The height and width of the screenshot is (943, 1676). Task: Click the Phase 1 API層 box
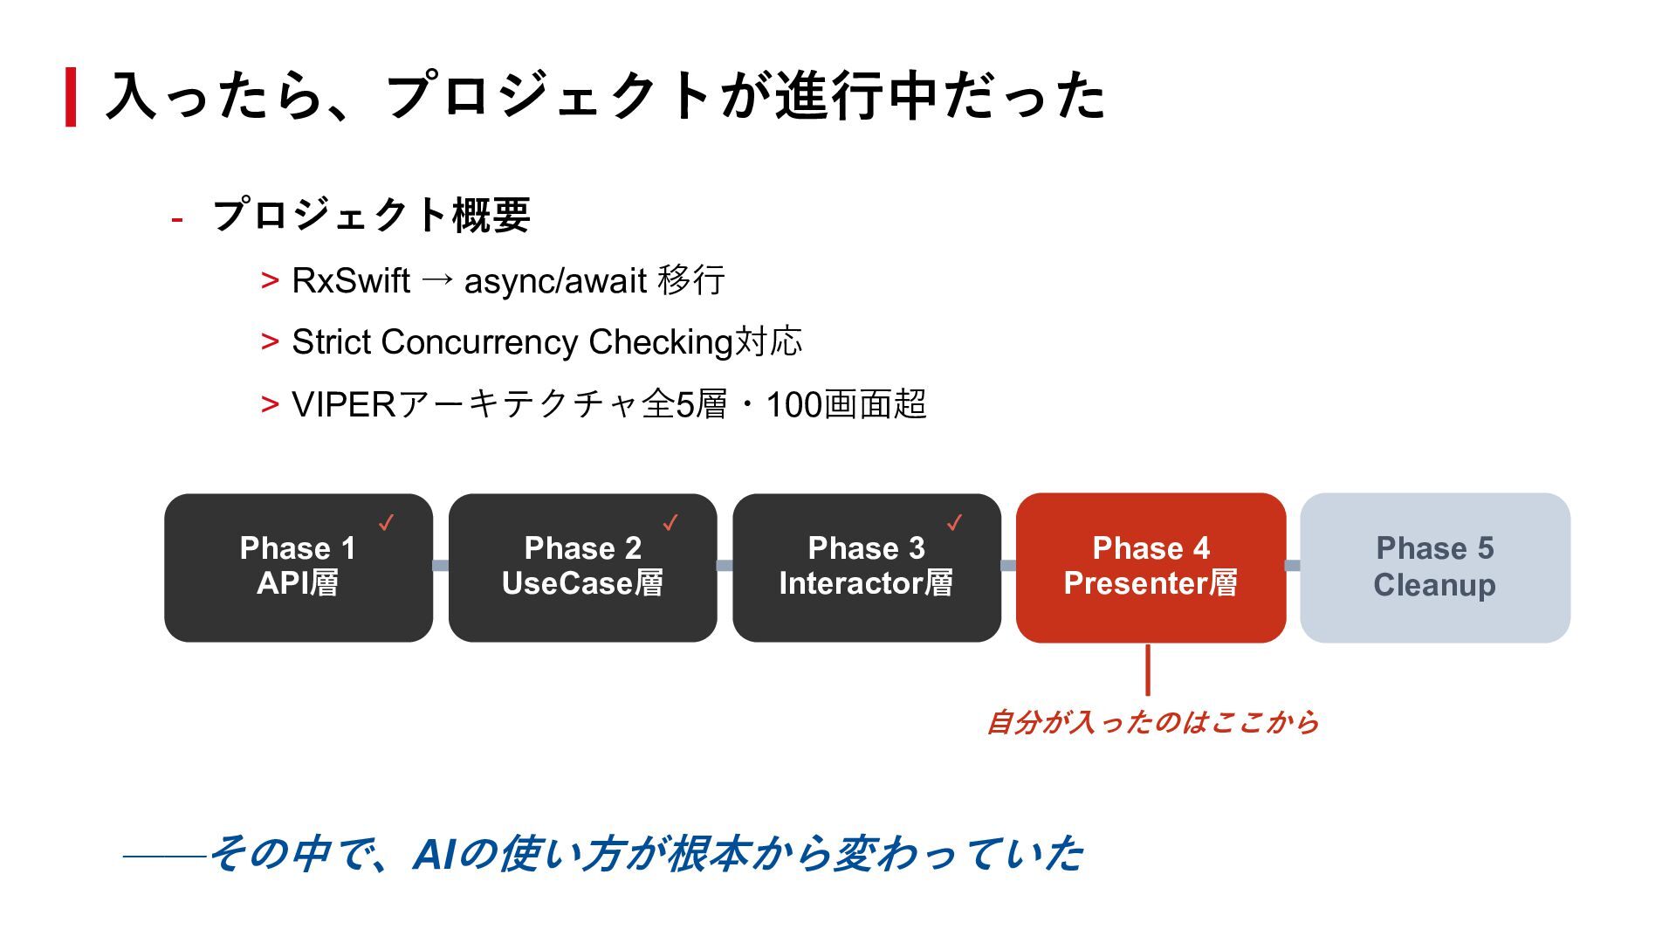click(x=298, y=568)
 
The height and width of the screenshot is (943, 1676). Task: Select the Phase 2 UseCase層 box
click(x=582, y=568)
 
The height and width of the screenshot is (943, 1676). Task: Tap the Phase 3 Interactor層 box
click(x=866, y=568)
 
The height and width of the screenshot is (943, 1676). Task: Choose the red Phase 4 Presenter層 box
click(x=1151, y=568)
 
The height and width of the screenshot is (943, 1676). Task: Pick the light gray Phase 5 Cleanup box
click(x=1434, y=568)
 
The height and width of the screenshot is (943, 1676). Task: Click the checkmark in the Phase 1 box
click(x=386, y=522)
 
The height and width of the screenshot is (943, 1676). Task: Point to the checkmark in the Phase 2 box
click(x=670, y=522)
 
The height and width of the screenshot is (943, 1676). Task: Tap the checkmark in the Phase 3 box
click(x=954, y=522)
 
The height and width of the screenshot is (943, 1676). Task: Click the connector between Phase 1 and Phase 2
click(x=441, y=566)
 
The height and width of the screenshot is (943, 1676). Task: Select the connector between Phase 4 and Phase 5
click(x=1293, y=566)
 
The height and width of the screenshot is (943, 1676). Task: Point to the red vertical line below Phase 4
click(x=1147, y=671)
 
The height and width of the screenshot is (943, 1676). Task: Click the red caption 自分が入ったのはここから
click(x=1152, y=723)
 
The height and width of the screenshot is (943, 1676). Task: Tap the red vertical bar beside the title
click(x=71, y=97)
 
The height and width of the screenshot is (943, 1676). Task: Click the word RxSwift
click(x=350, y=281)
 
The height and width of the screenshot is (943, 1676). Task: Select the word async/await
click(x=555, y=281)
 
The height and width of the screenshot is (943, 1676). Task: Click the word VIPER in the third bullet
click(x=344, y=404)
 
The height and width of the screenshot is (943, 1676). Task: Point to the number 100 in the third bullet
click(x=793, y=405)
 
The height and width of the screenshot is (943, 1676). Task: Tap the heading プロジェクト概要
click(x=372, y=215)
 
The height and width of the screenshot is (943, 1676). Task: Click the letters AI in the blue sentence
click(x=434, y=854)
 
